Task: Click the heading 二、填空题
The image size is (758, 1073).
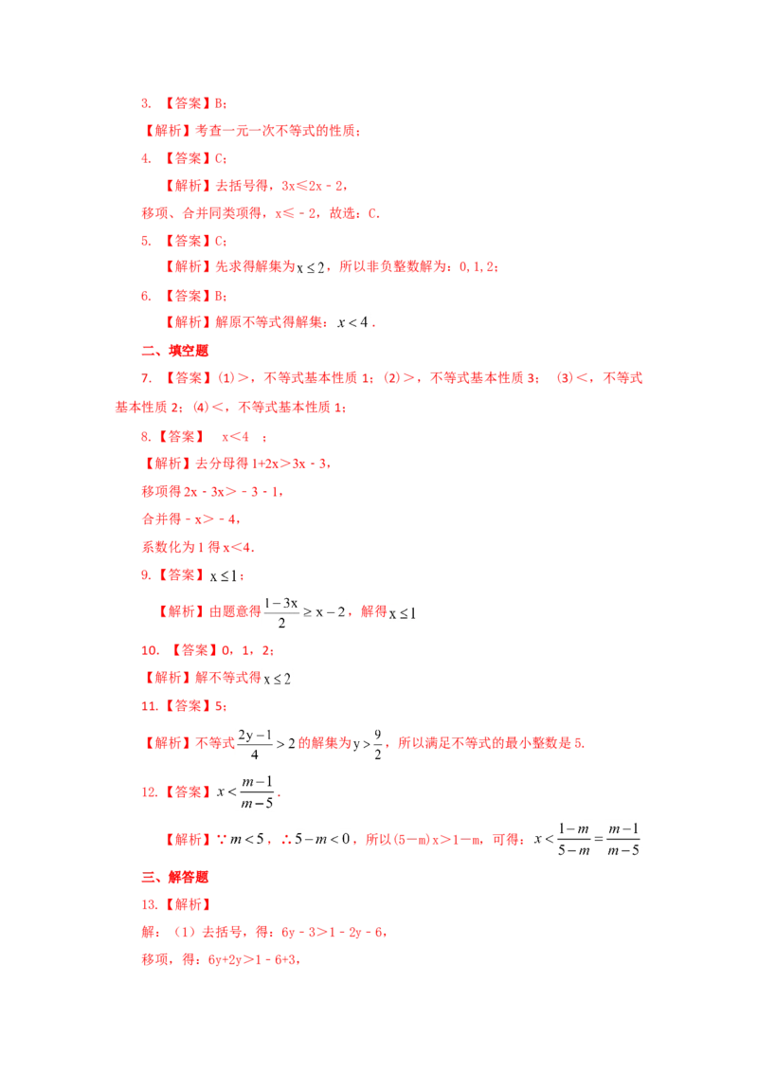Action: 174,351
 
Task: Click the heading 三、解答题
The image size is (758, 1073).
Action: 174,877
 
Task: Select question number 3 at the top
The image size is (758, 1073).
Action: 146,103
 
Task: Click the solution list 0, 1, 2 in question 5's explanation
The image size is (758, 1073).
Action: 477,267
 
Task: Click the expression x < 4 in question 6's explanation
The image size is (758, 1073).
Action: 353,321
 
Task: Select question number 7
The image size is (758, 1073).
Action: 146,378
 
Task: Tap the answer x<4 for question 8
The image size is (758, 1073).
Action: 235,437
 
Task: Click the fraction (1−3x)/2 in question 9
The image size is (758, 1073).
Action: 281,612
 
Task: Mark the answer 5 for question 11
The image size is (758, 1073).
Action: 219,705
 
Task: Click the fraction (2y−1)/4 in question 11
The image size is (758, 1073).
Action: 255,744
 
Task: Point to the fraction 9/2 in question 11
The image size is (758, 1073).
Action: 378,744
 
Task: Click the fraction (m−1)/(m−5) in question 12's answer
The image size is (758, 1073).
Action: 257,792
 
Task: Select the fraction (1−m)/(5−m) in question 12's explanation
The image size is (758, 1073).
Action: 573,840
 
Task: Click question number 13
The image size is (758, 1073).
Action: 149,904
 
